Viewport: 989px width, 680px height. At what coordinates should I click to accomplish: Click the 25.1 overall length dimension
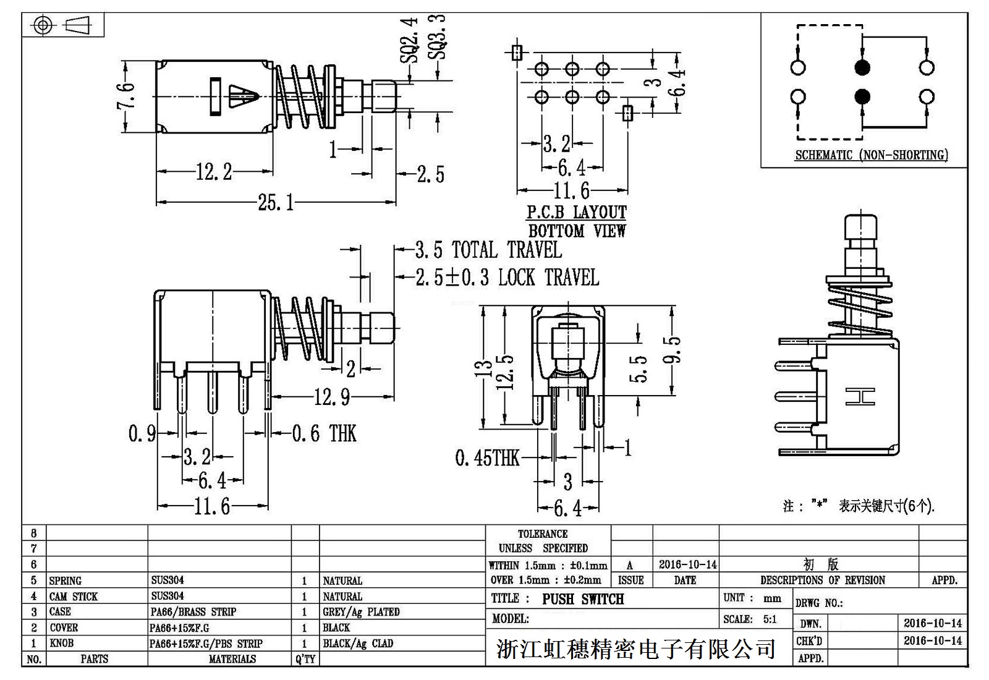276,202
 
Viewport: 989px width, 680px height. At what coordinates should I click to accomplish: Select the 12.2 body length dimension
213,172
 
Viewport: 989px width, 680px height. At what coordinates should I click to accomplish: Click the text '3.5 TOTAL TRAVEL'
488,250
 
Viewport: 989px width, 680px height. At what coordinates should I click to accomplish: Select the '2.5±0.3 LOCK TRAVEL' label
507,278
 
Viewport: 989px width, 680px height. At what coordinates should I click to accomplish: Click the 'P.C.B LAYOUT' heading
576,213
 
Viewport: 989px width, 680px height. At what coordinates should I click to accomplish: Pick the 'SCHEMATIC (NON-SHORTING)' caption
871,155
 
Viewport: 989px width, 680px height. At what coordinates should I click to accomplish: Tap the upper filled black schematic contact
862,67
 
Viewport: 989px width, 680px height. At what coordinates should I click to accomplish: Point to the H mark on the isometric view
860,397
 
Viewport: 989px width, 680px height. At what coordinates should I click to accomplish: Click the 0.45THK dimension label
487,458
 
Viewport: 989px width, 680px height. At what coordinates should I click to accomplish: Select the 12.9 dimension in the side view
332,397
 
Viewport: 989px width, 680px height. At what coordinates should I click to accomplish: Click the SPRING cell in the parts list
66,580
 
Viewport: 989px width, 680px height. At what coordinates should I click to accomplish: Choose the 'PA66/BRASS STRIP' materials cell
193,612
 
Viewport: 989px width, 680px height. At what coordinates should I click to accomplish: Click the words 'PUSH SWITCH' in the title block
583,599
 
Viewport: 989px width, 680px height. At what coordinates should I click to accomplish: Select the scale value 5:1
769,619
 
